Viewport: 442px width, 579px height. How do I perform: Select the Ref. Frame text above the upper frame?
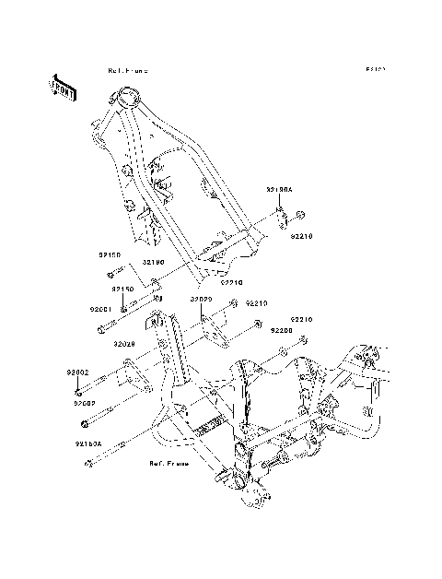[x=127, y=70]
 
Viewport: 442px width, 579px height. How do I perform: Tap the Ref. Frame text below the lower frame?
[x=169, y=464]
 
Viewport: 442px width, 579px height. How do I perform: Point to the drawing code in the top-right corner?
[x=374, y=69]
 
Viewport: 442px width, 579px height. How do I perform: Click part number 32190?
[x=152, y=262]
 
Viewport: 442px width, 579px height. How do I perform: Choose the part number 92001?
[x=100, y=309]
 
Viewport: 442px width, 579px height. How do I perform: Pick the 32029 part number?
[x=202, y=300]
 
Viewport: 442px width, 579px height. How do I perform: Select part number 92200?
[x=281, y=330]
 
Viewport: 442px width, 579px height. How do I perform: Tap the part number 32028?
[x=125, y=344]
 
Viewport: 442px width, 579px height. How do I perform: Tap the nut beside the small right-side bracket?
[x=302, y=218]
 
